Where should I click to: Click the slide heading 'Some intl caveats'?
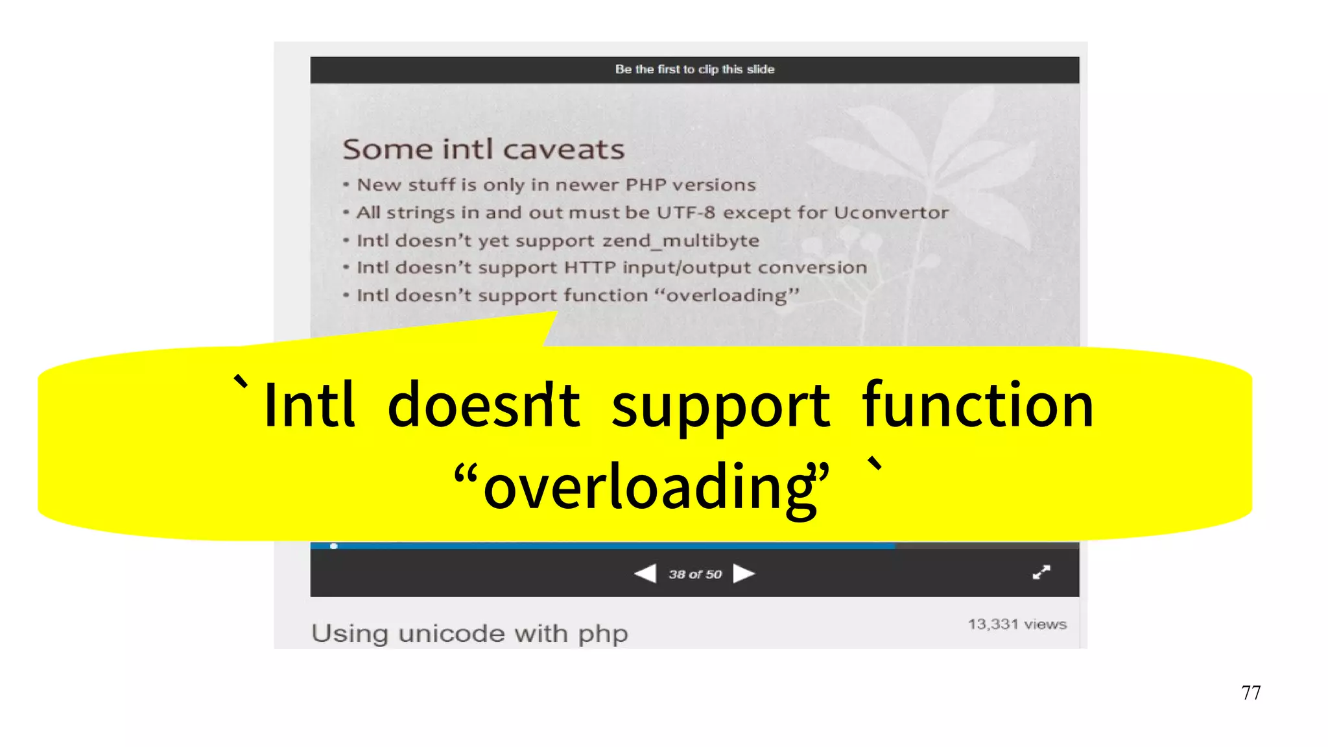tap(483, 149)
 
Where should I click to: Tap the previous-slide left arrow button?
tap(645, 574)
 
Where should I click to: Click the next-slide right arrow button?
tap(744, 574)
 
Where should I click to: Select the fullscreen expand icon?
tap(1041, 572)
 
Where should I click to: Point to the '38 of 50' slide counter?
tap(695, 574)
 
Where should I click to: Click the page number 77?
tap(1251, 692)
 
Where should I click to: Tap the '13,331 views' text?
tap(1017, 624)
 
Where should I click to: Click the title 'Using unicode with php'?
tap(469, 633)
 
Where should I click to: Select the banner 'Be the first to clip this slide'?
tap(694, 69)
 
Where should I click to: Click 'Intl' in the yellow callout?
tap(309, 405)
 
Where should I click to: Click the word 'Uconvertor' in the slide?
tap(891, 213)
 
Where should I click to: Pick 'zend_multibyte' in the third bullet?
tap(680, 241)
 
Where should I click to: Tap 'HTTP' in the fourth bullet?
tap(589, 267)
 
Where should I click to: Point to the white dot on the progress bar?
tap(333, 546)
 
